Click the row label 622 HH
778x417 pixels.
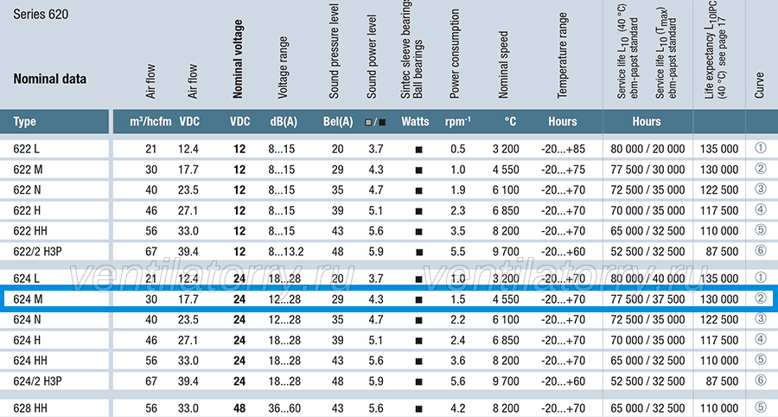[30, 231]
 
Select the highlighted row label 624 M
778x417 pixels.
[28, 298]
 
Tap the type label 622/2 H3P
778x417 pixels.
[38, 251]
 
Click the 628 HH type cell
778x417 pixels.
[30, 408]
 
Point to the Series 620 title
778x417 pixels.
[41, 14]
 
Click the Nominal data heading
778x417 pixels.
[49, 79]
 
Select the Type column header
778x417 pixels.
[25, 122]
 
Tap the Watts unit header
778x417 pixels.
[415, 122]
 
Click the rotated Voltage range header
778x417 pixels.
[283, 67]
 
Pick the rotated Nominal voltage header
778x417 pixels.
[239, 59]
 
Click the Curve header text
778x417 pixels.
[759, 85]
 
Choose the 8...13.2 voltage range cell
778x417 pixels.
[286, 251]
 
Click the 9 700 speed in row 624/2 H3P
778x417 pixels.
[506, 381]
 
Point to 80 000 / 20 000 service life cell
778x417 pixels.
[647, 149]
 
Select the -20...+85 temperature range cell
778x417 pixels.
[563, 149]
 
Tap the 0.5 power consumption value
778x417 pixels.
[458, 149]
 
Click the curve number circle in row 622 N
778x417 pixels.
[761, 189]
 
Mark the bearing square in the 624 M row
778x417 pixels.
[418, 299]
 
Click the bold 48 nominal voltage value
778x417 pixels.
[239, 408]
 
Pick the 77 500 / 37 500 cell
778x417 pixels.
[647, 298]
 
